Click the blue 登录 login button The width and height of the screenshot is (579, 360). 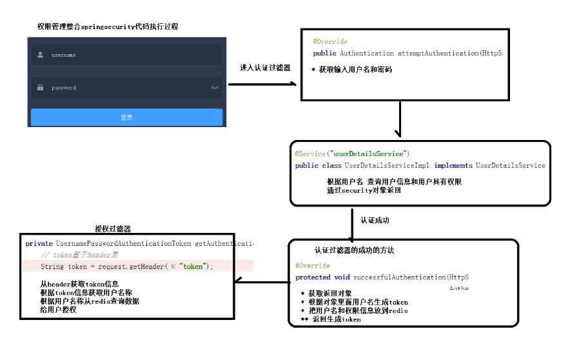(126, 117)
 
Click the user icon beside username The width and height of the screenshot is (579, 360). (40, 55)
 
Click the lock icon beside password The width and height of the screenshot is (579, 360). (40, 87)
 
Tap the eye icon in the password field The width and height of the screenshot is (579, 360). (215, 87)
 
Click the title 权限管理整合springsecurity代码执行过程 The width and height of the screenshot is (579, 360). (108, 26)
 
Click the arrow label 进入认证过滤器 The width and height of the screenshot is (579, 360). (265, 67)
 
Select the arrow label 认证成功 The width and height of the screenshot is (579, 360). (375, 220)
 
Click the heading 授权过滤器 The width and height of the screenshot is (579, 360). (113, 228)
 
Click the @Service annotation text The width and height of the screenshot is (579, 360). (310, 154)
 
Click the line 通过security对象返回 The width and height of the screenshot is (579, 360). (364, 190)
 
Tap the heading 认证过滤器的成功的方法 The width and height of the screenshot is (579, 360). (354, 250)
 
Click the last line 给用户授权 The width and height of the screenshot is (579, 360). (57, 309)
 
